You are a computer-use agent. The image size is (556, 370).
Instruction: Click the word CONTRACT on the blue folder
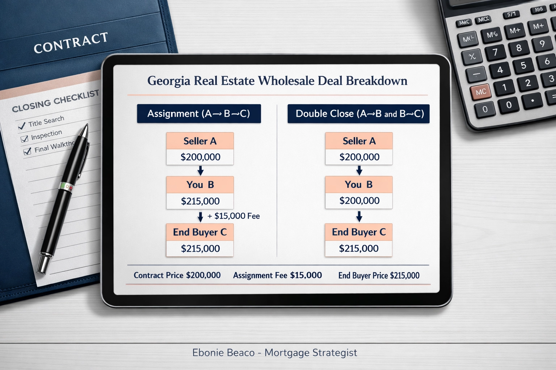[x=71, y=42]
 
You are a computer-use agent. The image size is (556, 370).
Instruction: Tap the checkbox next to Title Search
[x=22, y=126]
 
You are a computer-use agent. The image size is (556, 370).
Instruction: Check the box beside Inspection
[x=25, y=139]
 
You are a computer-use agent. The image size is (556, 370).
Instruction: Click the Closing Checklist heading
[x=55, y=101]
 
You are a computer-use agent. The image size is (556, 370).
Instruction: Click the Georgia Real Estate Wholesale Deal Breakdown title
[x=277, y=81]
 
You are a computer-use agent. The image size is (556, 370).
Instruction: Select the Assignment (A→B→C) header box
[x=199, y=114]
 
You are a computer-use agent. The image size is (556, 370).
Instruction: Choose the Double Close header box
[x=358, y=114]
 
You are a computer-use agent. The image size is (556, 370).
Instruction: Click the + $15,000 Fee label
[x=233, y=216]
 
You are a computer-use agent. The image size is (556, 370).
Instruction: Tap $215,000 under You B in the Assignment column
[x=200, y=201]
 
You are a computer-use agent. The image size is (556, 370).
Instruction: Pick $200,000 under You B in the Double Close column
[x=359, y=201]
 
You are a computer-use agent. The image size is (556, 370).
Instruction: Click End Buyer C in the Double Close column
[x=359, y=232]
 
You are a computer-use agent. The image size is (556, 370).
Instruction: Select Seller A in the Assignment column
[x=200, y=141]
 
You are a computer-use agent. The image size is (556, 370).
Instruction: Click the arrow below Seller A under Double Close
[x=359, y=170]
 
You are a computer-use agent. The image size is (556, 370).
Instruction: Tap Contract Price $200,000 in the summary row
[x=177, y=275]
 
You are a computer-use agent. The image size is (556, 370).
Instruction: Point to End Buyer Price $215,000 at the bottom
[x=379, y=276]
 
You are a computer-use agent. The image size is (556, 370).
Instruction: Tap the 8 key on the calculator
[x=519, y=48]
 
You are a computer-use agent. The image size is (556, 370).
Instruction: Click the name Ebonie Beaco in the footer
[x=223, y=353]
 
